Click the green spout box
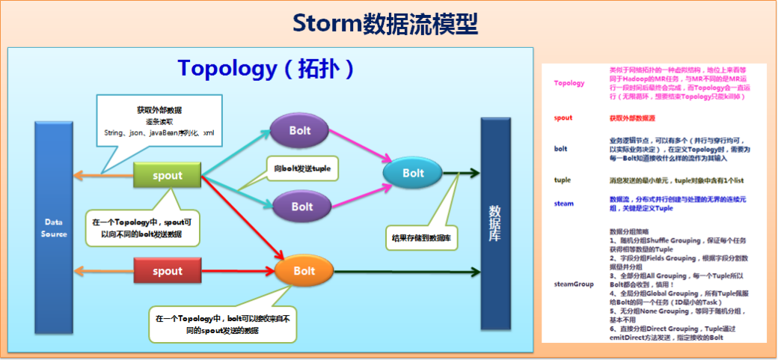pyautogui.click(x=168, y=177)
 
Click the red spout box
pyautogui.click(x=168, y=271)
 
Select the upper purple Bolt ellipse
pyautogui.click(x=300, y=131)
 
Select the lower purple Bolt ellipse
pyautogui.click(x=302, y=206)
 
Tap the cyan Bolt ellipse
pyautogui.click(x=413, y=173)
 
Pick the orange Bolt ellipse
pyautogui.click(x=304, y=271)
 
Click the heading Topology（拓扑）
pyautogui.click(x=266, y=68)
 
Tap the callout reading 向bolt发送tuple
pyautogui.click(x=301, y=168)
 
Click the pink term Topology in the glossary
pyautogui.click(x=569, y=83)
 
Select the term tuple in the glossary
pyautogui.click(x=563, y=180)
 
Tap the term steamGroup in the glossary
pyautogui.click(x=573, y=284)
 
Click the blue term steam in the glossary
pyautogui.click(x=563, y=204)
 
